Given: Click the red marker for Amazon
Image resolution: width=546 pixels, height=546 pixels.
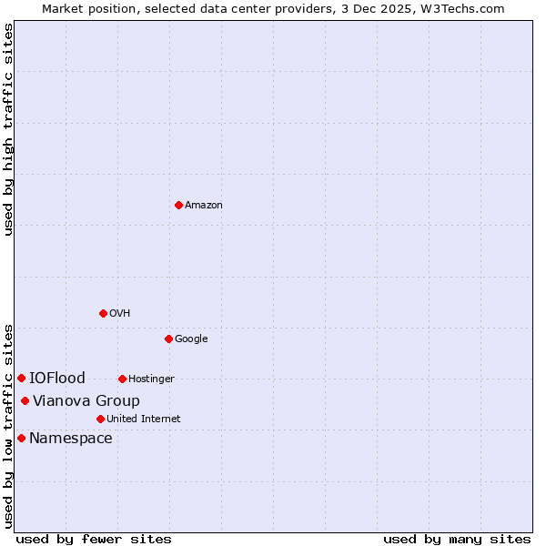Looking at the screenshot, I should [x=178, y=206].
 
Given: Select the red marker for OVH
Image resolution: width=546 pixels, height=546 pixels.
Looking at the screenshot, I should [x=103, y=313].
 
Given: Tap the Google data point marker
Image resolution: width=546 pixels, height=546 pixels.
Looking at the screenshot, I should [x=168, y=339].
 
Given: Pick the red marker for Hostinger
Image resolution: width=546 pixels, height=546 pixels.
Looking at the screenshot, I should [x=122, y=379].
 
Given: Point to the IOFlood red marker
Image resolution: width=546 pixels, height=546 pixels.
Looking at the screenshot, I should [x=21, y=378].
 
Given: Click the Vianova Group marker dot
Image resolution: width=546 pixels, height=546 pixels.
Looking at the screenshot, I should [x=25, y=400].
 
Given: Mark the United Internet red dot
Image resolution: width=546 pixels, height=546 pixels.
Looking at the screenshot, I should [x=100, y=419].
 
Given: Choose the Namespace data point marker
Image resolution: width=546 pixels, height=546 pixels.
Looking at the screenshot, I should [x=21, y=438].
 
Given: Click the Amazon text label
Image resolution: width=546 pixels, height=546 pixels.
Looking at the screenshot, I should [x=204, y=206].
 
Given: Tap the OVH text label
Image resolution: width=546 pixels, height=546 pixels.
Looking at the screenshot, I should [x=120, y=314].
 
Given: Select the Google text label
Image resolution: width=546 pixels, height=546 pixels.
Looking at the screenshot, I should [x=191, y=339].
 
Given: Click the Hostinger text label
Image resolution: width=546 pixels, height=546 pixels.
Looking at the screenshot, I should [x=151, y=379].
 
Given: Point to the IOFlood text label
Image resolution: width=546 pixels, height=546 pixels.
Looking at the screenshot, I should [x=57, y=379].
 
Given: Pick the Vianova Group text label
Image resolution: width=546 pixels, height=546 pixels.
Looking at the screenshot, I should [x=86, y=401].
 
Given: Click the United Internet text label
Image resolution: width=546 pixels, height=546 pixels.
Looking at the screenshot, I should [x=144, y=420].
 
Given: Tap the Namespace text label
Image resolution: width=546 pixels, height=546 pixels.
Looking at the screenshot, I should [x=71, y=439].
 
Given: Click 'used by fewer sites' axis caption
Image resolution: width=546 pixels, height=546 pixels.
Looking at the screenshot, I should [x=94, y=540].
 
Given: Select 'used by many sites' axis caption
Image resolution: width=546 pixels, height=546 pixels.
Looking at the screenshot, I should [x=457, y=540].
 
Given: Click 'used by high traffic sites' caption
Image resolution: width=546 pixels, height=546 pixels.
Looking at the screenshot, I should [x=8, y=129].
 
